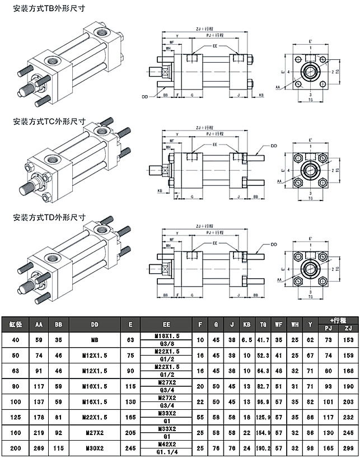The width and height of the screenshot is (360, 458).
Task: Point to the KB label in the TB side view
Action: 261,96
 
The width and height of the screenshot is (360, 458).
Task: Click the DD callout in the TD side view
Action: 274,245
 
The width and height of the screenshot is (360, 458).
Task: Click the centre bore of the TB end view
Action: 310,71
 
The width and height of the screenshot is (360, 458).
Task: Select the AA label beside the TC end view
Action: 279,181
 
